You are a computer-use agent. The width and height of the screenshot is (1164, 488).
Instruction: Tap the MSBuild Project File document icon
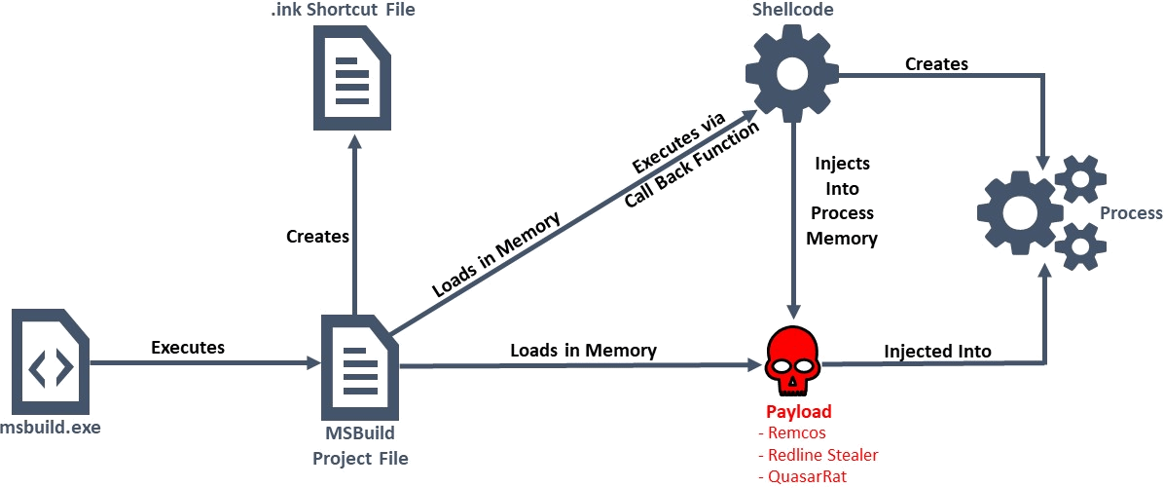click(x=358, y=367)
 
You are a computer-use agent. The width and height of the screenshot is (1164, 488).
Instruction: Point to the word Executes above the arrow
click(x=188, y=347)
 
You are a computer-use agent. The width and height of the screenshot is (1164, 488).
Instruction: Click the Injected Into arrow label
click(x=936, y=351)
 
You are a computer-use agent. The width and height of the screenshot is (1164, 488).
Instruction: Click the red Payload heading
click(x=798, y=412)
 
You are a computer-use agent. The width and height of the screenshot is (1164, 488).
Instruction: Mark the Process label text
click(x=1131, y=213)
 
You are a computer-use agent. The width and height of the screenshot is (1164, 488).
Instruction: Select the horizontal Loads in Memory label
click(x=583, y=350)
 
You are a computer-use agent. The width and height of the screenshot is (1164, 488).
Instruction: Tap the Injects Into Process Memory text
click(x=842, y=201)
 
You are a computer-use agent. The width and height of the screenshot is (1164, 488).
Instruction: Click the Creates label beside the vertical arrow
click(x=317, y=237)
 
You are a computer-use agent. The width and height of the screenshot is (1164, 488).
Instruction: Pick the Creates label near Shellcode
click(x=936, y=64)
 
